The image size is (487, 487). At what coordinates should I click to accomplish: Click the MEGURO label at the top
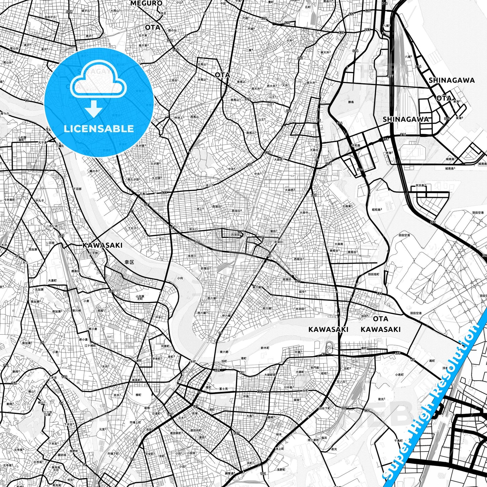[146, 3]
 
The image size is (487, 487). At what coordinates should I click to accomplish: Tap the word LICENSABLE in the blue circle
[99, 129]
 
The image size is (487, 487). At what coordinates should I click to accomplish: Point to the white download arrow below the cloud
[94, 109]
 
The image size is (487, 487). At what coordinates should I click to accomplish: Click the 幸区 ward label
[129, 262]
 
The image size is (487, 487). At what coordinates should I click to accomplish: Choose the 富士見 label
[223, 389]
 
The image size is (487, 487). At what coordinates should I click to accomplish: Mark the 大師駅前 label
[270, 375]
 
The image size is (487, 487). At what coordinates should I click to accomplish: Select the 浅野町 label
[281, 469]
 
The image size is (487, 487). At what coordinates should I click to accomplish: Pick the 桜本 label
[279, 435]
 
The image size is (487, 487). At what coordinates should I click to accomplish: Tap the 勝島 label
[351, 102]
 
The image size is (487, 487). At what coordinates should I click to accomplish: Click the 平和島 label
[356, 146]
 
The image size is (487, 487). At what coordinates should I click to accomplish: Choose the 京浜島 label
[420, 185]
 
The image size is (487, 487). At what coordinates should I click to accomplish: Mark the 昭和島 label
[376, 210]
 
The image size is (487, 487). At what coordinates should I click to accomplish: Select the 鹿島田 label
[75, 271]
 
